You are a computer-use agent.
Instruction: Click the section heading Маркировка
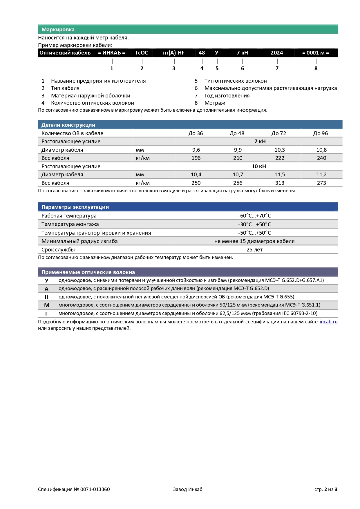coord(58,30)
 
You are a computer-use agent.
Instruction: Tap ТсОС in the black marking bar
coord(142,53)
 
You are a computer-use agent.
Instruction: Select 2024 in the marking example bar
coord(277,53)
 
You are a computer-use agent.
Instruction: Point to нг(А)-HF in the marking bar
coord(174,53)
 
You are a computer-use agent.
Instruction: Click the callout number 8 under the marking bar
coord(316,68)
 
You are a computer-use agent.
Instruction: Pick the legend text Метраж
coord(215,103)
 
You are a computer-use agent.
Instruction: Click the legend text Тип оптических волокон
coord(236,81)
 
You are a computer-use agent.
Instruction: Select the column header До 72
coord(279,133)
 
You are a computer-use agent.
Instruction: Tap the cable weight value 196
coord(196,158)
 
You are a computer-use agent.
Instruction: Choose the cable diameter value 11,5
coord(280,175)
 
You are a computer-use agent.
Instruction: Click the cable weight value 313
coord(280,183)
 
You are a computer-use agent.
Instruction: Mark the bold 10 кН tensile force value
coord(259,166)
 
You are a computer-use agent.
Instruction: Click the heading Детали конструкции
coord(68,125)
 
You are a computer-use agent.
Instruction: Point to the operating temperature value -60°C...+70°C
coord(254,216)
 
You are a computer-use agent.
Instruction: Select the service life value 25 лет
coord(254,250)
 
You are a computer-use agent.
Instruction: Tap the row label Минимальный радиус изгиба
coord(79,241)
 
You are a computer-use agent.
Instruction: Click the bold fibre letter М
coord(47,305)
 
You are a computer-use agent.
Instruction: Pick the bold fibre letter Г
coord(47,314)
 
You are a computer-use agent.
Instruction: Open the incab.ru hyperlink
coord(328,322)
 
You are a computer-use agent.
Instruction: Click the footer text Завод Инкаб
coord(188,489)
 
